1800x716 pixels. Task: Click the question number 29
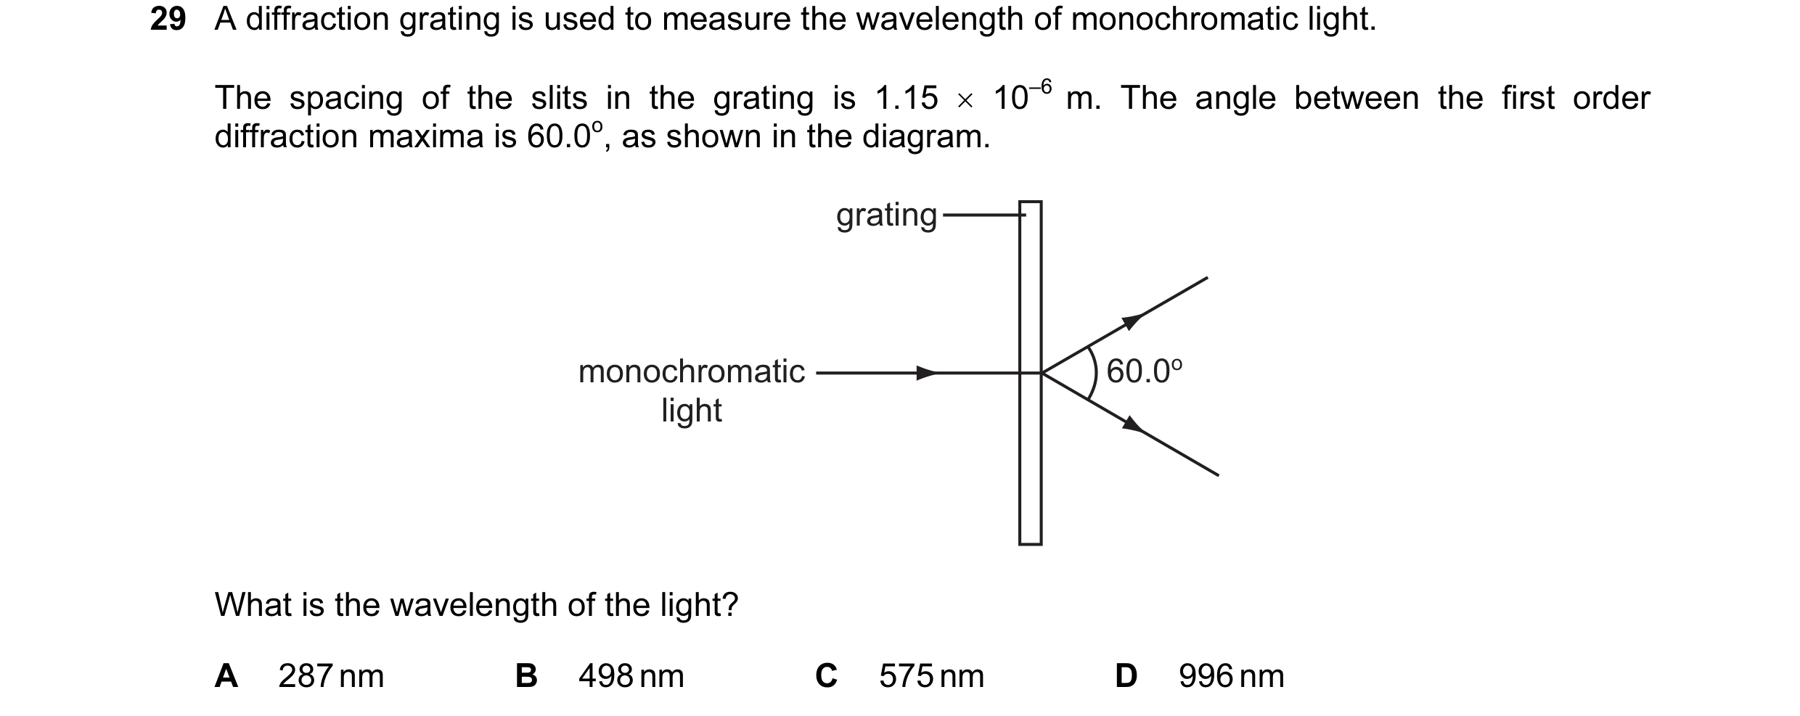point(168,20)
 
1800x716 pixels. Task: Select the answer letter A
point(226,676)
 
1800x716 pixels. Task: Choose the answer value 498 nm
point(631,676)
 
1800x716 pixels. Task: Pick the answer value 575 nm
point(931,676)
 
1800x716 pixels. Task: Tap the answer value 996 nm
point(1231,676)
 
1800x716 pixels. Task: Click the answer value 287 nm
point(331,676)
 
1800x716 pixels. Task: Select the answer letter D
point(1126,676)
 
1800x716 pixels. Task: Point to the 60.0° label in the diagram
point(1145,371)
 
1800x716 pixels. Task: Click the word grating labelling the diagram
point(887,216)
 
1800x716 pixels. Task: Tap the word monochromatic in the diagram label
point(692,372)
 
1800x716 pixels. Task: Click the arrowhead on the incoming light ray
point(927,374)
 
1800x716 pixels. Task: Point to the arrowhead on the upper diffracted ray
point(1132,321)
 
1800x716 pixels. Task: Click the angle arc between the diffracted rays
point(1096,373)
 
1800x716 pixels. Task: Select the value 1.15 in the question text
point(907,99)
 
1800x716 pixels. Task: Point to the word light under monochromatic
point(692,411)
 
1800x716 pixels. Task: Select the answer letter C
point(827,676)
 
